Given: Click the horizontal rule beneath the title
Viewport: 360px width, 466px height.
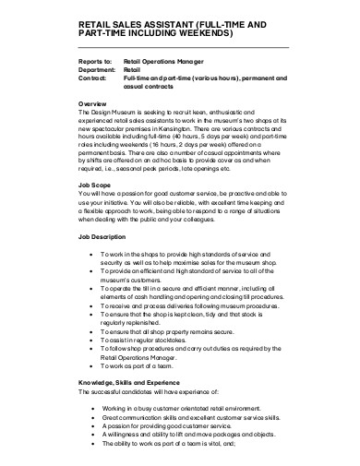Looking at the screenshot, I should coord(185,46).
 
